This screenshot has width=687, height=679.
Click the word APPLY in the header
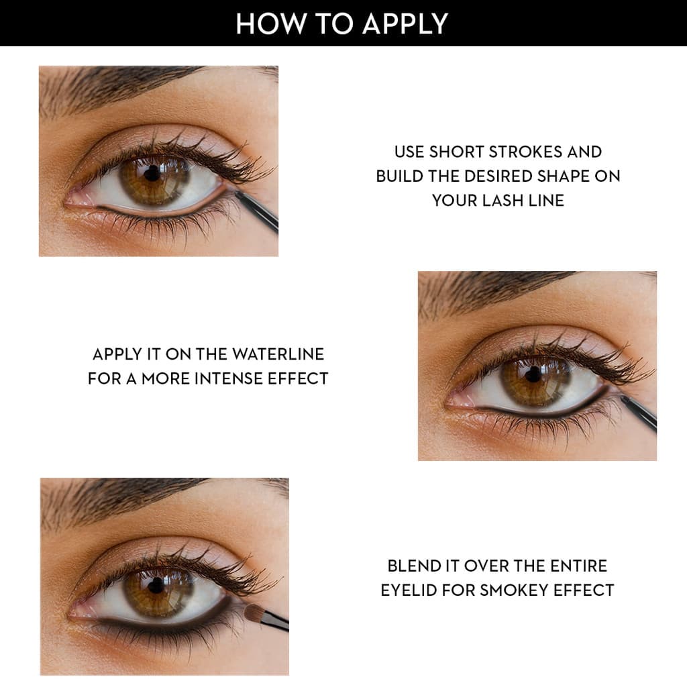point(405,23)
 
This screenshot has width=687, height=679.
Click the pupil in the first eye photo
point(153,172)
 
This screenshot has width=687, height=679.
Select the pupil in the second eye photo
point(533,374)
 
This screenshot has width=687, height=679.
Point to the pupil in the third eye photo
point(156,584)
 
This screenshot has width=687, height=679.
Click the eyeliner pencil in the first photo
point(259,211)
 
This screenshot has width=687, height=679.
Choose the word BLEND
point(412,566)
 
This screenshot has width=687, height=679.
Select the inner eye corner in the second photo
point(456,401)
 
